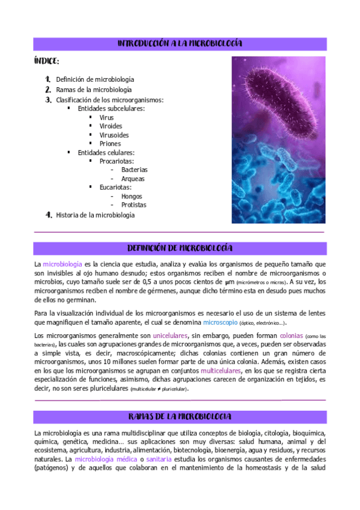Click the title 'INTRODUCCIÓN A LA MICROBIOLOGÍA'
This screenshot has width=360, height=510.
pos(180,44)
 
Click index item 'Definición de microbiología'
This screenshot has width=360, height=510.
pos(94,79)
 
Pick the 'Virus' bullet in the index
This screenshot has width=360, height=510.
pos(106,118)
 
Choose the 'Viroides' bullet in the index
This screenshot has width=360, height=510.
pos(111,126)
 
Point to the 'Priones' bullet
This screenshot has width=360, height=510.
pos(110,144)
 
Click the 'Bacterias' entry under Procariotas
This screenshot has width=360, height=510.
pos(134,170)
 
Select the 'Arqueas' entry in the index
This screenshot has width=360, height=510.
pos(132,179)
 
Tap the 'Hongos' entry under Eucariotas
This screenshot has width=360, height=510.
pos(132,196)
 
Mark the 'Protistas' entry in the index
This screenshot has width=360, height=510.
pos(133,205)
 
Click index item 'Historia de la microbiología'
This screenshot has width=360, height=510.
pos(95,215)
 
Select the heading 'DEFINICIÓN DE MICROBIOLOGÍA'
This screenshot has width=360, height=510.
pos(180,248)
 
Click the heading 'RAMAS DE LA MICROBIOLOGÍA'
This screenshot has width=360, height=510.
pos(180,417)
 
